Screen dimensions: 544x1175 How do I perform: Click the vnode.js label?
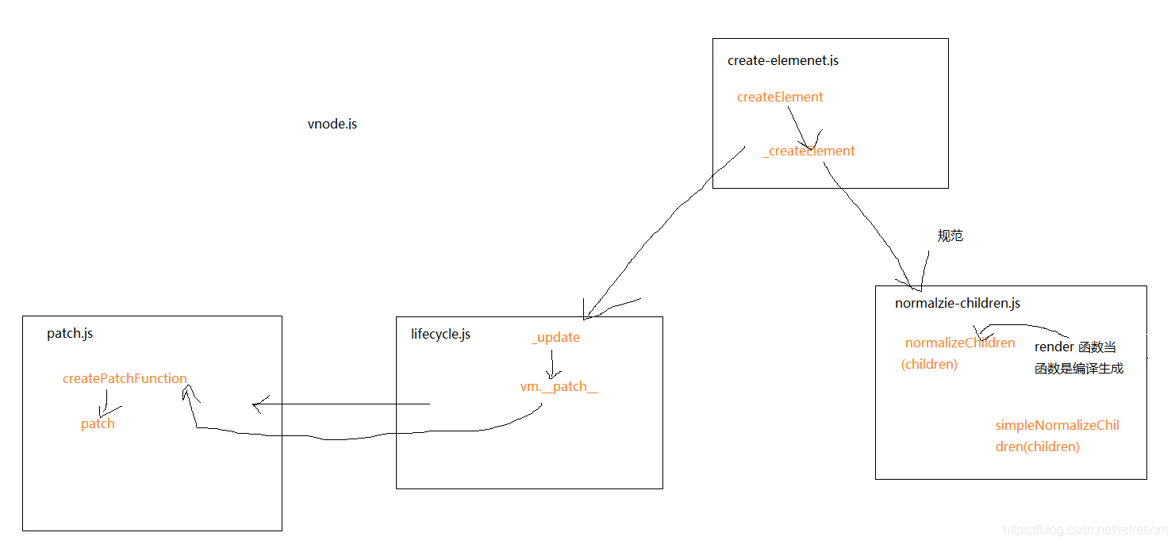(332, 125)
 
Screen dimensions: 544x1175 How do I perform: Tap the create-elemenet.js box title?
(783, 61)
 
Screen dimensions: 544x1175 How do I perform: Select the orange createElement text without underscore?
(780, 97)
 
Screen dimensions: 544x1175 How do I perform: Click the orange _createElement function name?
(809, 151)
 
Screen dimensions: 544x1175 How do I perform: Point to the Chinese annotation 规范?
(950, 236)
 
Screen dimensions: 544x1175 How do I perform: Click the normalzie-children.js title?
(958, 303)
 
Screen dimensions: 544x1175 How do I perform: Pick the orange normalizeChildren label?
(960, 343)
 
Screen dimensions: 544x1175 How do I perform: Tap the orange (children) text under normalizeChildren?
(929, 364)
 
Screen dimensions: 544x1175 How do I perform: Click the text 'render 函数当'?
(1075, 347)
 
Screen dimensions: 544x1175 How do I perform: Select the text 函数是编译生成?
(1079, 369)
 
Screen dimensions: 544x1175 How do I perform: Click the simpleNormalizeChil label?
(1057, 425)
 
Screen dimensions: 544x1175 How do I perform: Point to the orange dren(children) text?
(1037, 446)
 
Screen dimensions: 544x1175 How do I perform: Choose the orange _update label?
(555, 338)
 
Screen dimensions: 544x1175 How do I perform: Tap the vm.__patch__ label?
(559, 386)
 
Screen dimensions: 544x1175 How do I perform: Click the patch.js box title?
(70, 333)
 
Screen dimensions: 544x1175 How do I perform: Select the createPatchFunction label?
(125, 378)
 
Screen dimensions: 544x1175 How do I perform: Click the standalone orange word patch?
(98, 424)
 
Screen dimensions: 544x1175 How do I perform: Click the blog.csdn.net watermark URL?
(1085, 530)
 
